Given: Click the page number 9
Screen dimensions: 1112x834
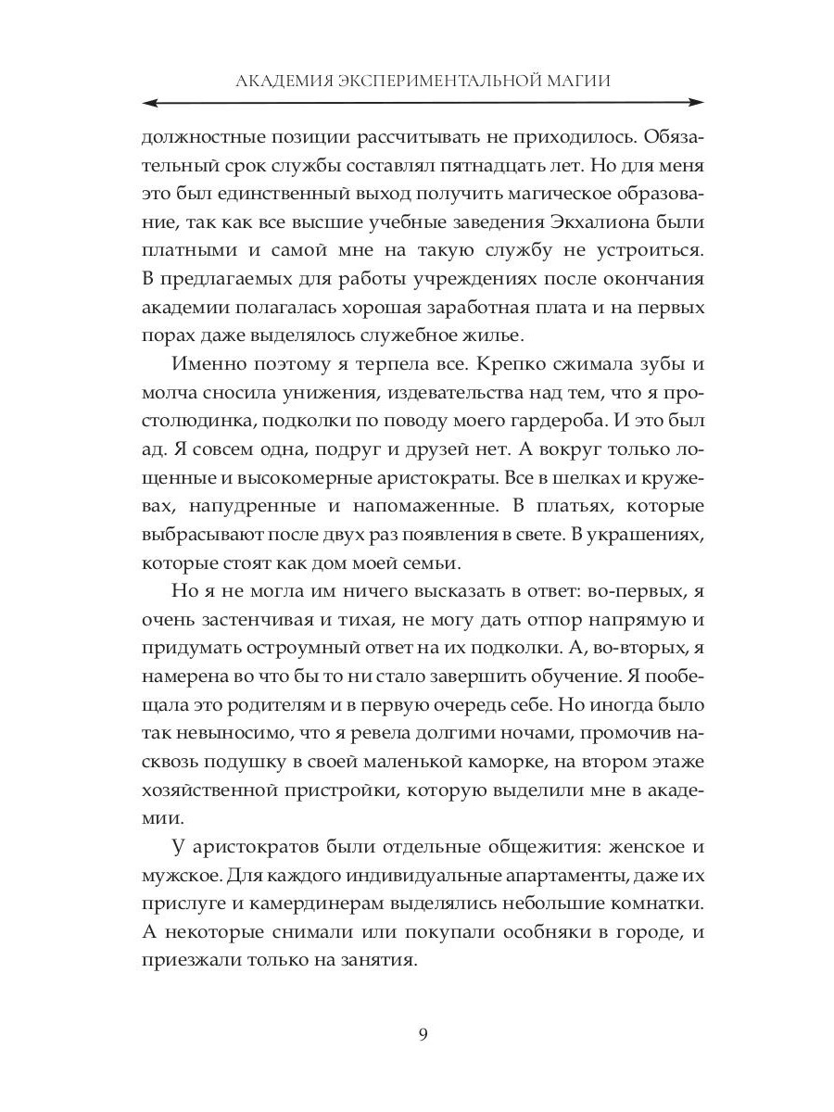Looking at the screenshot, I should [422, 1036].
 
